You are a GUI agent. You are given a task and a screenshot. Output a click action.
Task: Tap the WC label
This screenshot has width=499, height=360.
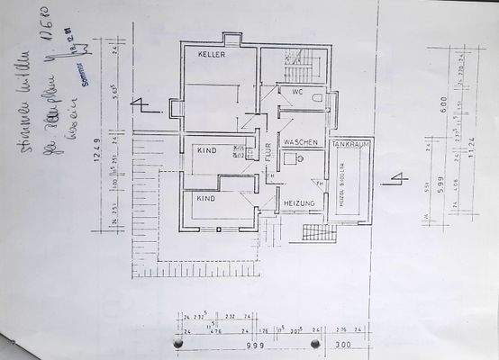click(295, 91)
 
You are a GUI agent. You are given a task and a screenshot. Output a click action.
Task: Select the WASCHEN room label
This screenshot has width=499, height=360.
click(301, 143)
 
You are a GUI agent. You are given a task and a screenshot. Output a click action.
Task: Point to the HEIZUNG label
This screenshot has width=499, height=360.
click(299, 203)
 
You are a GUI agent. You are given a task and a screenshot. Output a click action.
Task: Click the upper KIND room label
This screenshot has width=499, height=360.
click(206, 151)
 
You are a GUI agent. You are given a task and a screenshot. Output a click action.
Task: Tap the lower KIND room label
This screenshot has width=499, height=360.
click(206, 196)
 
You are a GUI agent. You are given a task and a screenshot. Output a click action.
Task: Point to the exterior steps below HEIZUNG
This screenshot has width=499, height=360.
click(318, 233)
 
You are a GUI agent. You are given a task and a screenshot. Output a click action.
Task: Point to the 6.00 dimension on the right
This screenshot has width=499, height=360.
click(469, 103)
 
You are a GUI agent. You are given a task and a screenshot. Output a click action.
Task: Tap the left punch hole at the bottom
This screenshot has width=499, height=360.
click(176, 344)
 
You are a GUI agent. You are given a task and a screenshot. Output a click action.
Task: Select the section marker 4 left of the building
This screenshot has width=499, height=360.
click(140, 104)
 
